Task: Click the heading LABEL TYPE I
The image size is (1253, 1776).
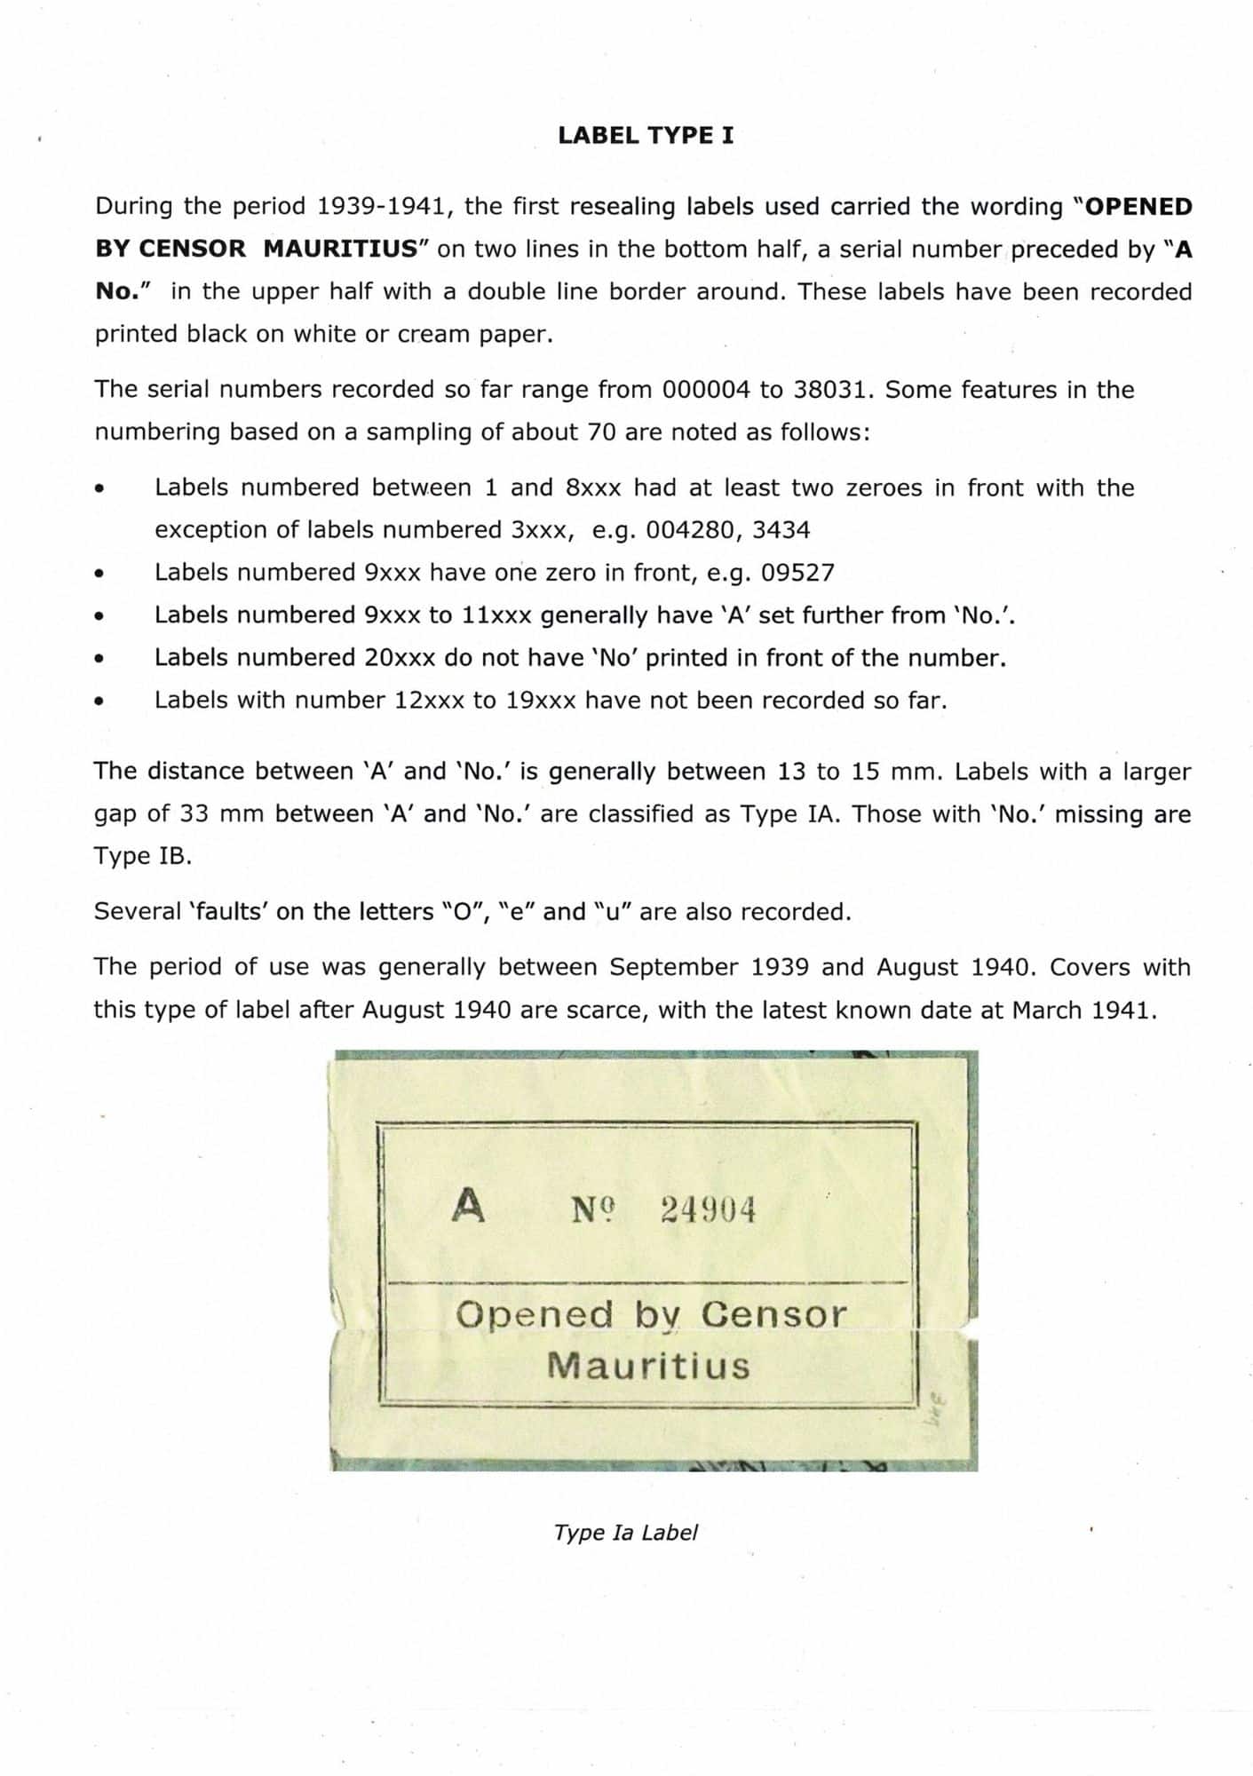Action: pyautogui.click(x=646, y=136)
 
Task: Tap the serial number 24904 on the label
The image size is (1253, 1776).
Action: pyautogui.click(x=708, y=1209)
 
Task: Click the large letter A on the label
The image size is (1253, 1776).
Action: pyautogui.click(x=468, y=1206)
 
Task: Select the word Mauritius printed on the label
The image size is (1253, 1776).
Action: pyautogui.click(x=648, y=1365)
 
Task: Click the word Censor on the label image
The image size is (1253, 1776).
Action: pyautogui.click(x=773, y=1314)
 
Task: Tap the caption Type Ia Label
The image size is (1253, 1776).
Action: pyautogui.click(x=625, y=1533)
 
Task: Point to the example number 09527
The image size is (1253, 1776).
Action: pyautogui.click(x=797, y=573)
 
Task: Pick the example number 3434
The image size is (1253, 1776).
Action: pyautogui.click(x=781, y=530)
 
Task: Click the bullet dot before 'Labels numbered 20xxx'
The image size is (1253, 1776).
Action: pyautogui.click(x=100, y=660)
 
